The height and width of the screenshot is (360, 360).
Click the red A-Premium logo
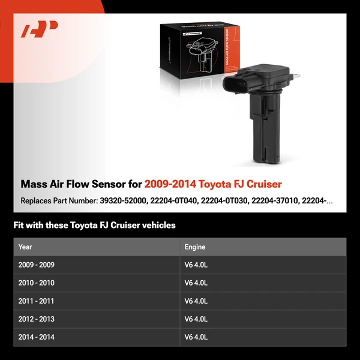[x=40, y=29]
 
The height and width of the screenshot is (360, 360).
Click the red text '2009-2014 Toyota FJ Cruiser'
[x=213, y=184]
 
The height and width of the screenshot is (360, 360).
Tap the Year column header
[x=25, y=247]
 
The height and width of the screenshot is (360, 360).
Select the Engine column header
[x=195, y=247]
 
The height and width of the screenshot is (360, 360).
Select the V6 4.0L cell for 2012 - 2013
[x=196, y=319]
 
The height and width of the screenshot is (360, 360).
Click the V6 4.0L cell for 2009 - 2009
[x=196, y=265]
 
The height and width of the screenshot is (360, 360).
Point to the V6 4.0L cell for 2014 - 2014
[x=196, y=337]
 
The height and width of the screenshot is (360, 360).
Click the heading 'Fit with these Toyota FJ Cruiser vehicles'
[x=94, y=226]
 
